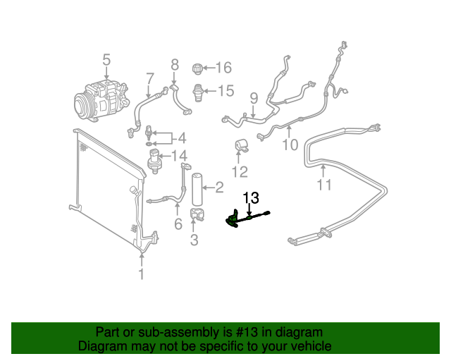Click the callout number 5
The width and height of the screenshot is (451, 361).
coord(106,61)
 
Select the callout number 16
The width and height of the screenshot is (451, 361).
coord(223,68)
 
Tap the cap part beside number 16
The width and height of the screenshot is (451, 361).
coord(198,69)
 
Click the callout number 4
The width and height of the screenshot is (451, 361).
coord(181,137)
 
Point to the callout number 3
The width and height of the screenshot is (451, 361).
coord(194,240)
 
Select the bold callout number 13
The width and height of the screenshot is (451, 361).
coord(252,198)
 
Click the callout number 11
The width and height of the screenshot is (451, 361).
coord(323,186)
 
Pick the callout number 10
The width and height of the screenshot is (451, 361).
coord(290,145)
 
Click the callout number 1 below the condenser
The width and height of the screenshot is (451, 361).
coord(142,274)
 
